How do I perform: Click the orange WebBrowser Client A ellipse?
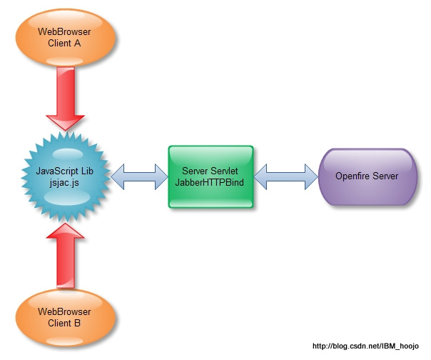point(64,37)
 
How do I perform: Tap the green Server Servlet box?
point(211,177)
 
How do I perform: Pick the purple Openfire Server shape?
point(367,176)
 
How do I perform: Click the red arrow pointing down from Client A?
point(65,100)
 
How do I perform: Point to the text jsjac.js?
point(64,183)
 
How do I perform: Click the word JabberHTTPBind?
point(211,183)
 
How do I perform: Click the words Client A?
point(64,43)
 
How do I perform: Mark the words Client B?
point(64,324)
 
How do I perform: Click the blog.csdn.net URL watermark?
point(368,346)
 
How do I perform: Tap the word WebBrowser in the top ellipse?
point(64,32)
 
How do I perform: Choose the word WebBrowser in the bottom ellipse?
point(64,313)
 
